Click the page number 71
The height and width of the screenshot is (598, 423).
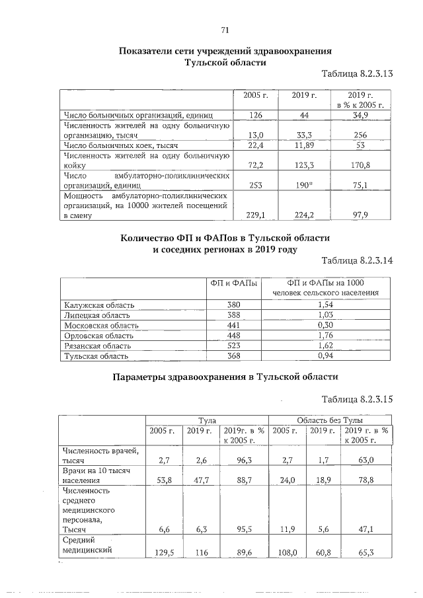point(224,30)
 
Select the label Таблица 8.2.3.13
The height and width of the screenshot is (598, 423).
point(357,74)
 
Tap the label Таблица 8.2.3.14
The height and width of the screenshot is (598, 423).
point(357,261)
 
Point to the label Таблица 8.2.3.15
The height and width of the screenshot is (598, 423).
point(357,399)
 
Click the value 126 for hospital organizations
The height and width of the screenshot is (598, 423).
point(256,116)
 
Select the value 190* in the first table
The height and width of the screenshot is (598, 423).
point(304,186)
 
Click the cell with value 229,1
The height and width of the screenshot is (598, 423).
point(255,215)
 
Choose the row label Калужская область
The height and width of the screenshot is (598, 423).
point(99,305)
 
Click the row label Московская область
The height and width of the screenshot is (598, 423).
point(101,325)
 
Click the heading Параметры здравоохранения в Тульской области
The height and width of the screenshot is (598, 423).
point(225,377)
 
